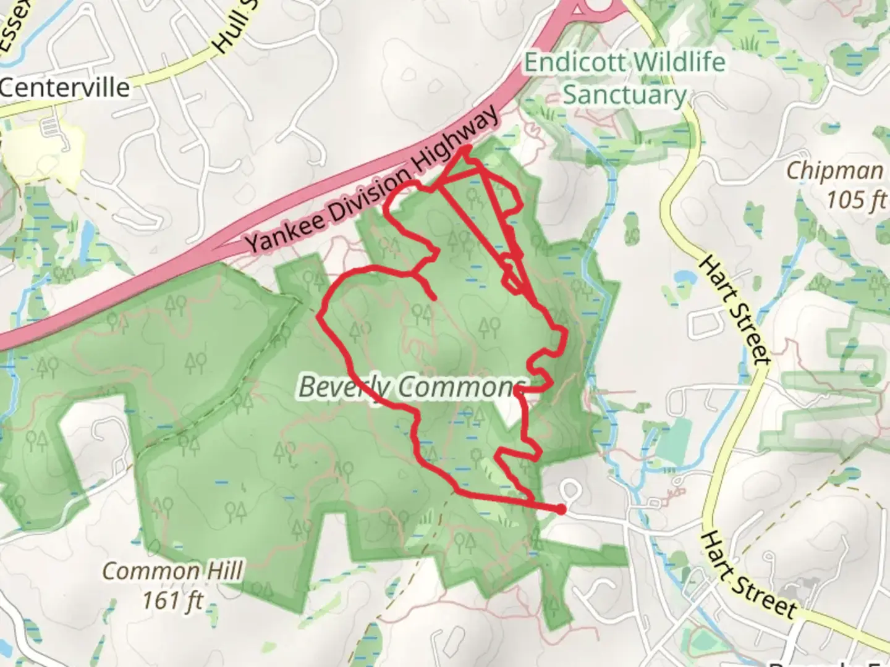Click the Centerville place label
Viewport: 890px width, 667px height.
(x=65, y=87)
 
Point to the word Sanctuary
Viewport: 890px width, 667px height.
(x=625, y=95)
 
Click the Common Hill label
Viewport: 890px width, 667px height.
(x=172, y=571)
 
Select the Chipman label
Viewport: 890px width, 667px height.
(x=834, y=171)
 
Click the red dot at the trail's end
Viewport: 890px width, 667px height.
(x=560, y=510)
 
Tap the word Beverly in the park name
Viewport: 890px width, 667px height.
(x=344, y=387)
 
